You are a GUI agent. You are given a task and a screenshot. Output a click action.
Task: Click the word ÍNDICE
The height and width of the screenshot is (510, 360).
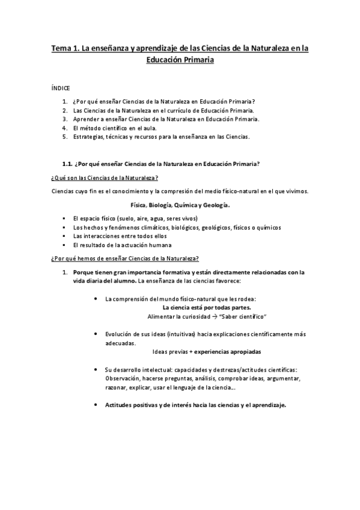tap(61, 87)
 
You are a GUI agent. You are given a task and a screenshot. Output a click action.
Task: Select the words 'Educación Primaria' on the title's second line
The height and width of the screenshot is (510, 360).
tap(180, 60)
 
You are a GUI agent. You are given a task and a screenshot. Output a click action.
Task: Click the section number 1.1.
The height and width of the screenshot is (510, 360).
tap(68, 164)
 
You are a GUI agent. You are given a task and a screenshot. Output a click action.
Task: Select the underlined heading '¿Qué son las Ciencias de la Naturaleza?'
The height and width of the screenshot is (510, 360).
tap(105, 178)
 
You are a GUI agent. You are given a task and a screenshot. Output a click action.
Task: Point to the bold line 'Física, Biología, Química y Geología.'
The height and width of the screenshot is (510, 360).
tap(180, 204)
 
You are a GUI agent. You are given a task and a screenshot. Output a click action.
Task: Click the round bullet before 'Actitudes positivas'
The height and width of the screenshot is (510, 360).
tap(97, 404)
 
